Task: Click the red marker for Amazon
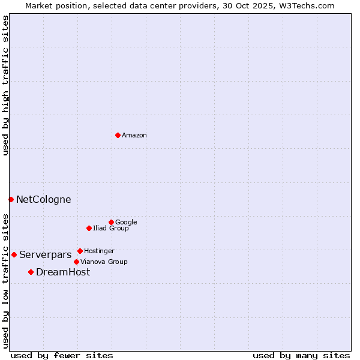point(118,135)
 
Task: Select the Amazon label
point(134,136)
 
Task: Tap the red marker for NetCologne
point(11,199)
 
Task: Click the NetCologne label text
point(43,200)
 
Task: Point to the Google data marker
point(111,222)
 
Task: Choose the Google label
point(126,223)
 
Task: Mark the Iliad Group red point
point(89,228)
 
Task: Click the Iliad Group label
point(111,229)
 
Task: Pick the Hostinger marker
point(80,251)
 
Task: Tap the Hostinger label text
point(99,251)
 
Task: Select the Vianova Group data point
point(76,262)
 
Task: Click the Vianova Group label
point(104,262)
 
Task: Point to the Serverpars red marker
point(14,254)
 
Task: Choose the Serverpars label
point(46,255)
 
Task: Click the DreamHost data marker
point(31,272)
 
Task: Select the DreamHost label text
point(63,272)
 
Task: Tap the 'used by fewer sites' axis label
point(62,356)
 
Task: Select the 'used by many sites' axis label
point(301,356)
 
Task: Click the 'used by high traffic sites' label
point(5,85)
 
